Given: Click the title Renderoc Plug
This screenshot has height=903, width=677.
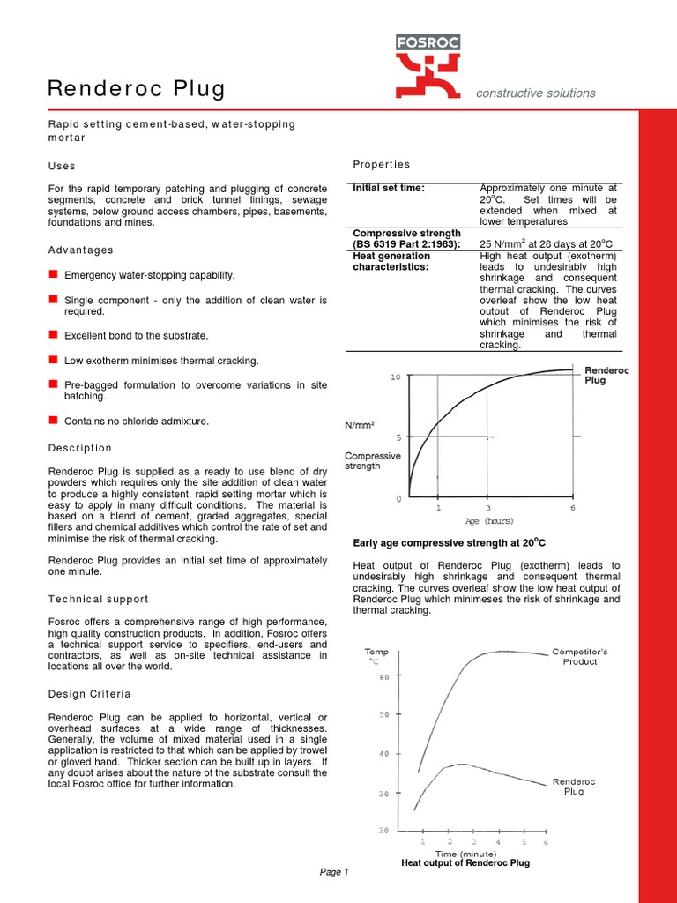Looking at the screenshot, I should coord(136,89).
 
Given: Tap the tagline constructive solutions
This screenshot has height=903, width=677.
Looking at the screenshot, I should coord(535,93).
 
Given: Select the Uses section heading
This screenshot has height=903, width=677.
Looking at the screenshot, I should coord(62,166).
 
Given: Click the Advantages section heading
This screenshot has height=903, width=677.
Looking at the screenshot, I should coord(80,250).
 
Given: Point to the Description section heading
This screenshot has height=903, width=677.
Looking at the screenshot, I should coord(80,448).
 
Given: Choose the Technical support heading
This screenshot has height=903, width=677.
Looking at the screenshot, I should coord(98,599).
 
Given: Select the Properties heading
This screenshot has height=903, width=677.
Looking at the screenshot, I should coord(381,164).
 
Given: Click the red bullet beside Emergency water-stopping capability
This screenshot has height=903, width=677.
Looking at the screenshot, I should coord(53,275).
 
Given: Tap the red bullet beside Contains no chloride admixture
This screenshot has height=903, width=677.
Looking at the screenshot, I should coord(53,421).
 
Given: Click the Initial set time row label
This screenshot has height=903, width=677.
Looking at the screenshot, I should coord(389,188).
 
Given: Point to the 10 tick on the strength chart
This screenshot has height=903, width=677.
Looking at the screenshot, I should coord(396,377).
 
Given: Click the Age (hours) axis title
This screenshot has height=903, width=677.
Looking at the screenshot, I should coord(489,521).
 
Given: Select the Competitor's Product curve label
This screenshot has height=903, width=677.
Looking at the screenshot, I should coord(579,656).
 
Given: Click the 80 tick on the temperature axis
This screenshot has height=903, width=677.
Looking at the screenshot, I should coord(383,677).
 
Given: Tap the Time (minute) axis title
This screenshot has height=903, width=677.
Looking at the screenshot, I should coord(466,854).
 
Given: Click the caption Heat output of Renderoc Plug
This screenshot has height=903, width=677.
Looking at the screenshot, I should coord(465,863).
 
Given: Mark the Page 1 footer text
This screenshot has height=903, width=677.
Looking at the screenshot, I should coord(335,872).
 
